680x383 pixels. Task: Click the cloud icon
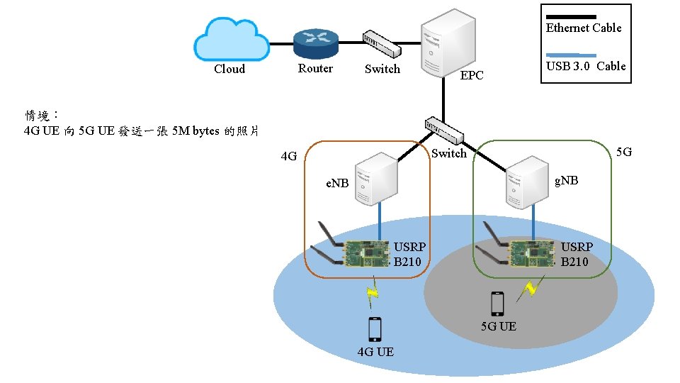click(x=231, y=40)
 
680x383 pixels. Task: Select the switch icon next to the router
click(x=382, y=45)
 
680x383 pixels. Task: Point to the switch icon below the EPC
click(x=445, y=131)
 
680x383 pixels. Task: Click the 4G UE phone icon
click(x=375, y=329)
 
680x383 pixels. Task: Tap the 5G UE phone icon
click(x=497, y=304)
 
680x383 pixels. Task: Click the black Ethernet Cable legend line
click(x=572, y=16)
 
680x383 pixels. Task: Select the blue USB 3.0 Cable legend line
click(x=572, y=55)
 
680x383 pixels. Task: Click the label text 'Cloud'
click(x=229, y=69)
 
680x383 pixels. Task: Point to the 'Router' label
click(x=315, y=69)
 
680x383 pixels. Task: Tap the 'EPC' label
click(x=472, y=75)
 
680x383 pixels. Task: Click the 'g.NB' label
click(x=566, y=180)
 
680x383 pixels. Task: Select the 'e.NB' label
click(x=337, y=183)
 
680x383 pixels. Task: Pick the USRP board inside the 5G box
click(x=531, y=252)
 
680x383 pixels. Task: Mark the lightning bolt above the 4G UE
click(x=372, y=296)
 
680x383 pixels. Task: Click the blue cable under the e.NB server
click(x=380, y=219)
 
